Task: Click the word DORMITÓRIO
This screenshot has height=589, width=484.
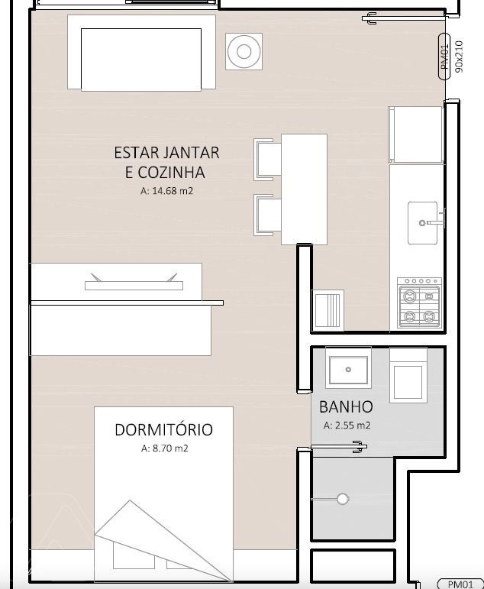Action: tap(163, 430)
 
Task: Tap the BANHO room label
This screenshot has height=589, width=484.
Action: tap(346, 407)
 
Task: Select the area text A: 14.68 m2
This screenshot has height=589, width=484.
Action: tap(166, 191)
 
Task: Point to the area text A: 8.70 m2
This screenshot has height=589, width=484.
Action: tap(164, 448)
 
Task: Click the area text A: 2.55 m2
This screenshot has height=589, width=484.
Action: tap(347, 426)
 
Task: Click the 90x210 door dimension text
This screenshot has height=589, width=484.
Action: tap(459, 57)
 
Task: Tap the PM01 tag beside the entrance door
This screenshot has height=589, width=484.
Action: tap(444, 57)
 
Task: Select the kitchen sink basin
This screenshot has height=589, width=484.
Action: tap(423, 223)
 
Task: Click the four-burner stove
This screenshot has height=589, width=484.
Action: tap(420, 303)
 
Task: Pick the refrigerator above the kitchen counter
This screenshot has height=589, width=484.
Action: tap(415, 134)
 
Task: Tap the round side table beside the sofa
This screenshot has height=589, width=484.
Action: tap(244, 51)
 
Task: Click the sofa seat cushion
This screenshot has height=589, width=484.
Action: tap(141, 60)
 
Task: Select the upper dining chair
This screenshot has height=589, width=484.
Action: tap(268, 160)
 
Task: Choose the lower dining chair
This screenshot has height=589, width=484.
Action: tap(268, 215)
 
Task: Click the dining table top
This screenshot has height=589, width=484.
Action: tap(304, 189)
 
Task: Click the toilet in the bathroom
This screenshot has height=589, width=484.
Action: tap(408, 375)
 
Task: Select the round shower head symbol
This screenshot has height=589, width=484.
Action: tap(343, 499)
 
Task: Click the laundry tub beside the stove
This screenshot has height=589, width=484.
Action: tap(328, 310)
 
